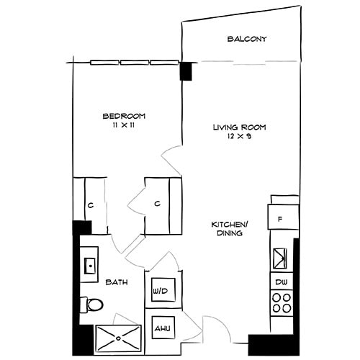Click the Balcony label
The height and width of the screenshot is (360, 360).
click(247, 39)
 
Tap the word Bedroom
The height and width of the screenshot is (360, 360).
click(125, 116)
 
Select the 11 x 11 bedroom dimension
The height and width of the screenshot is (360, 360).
click(125, 125)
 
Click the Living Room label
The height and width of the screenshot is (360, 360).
click(239, 127)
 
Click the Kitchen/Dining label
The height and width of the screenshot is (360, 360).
click(225, 229)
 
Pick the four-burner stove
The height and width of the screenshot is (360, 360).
click(282, 301)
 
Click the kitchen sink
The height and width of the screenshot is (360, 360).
click(281, 256)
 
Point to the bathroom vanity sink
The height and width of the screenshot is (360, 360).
click(90, 264)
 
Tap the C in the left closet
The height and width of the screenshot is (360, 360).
click(91, 204)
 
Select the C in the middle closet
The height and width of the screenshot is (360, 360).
click(156, 204)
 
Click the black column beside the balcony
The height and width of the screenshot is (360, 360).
click(186, 71)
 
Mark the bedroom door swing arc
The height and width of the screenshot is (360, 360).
click(170, 153)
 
